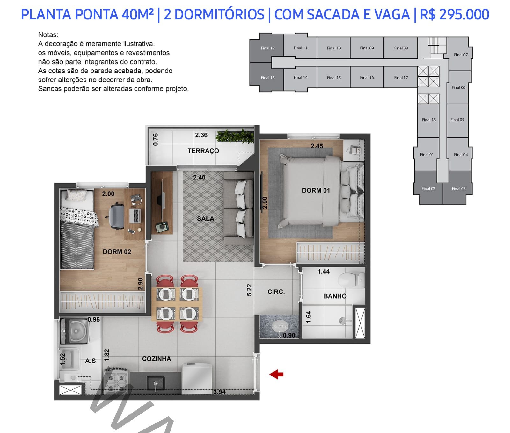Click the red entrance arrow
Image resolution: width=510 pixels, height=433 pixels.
point(276,374)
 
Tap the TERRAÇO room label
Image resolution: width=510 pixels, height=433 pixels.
point(203,151)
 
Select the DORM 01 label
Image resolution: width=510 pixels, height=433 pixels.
point(316,190)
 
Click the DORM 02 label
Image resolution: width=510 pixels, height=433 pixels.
point(117,252)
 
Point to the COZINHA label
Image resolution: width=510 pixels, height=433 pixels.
point(157,359)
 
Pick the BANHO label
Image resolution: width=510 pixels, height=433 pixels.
point(335,296)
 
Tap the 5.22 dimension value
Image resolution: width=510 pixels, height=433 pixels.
point(249,290)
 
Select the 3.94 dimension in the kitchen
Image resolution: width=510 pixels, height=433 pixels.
point(219,392)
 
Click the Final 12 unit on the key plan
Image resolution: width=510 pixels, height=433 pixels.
point(267,48)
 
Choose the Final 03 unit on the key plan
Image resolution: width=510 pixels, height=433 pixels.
point(458,188)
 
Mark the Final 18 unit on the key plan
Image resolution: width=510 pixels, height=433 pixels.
point(429,120)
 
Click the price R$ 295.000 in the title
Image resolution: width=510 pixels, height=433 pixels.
point(455,15)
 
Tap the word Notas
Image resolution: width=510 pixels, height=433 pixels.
point(48,35)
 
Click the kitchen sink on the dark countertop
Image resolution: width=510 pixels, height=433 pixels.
point(156,383)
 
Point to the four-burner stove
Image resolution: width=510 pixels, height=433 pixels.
point(116,380)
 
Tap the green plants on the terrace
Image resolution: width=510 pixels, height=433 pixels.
point(235,136)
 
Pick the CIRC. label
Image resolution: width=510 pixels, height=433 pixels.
point(276,292)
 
